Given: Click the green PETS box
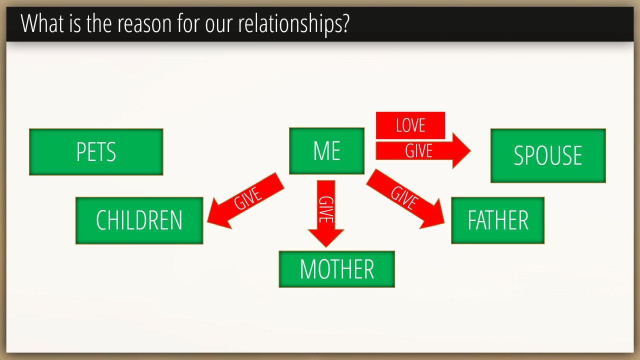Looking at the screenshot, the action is pos(96,152).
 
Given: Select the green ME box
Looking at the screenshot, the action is pos(327,151).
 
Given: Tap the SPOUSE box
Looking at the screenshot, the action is pos(548,155).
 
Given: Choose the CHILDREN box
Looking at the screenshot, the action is pos(139,220).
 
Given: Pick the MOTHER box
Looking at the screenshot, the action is pos(337,269).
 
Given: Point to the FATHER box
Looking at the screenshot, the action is pos(497,220).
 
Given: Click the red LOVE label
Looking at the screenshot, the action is pos(410,125).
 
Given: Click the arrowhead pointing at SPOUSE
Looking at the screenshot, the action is pos(461,150).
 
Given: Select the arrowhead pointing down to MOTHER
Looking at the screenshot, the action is pos(326,237).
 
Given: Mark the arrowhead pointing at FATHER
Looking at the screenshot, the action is pos(433,215).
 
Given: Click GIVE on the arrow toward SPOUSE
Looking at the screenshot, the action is pos(418,151).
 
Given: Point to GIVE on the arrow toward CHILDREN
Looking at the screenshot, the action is pos(247,198).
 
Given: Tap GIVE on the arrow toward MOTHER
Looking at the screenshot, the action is pos(326,209).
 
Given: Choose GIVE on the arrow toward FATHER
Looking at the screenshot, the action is pos(404,197).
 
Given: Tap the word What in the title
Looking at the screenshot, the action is pos(42,23).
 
